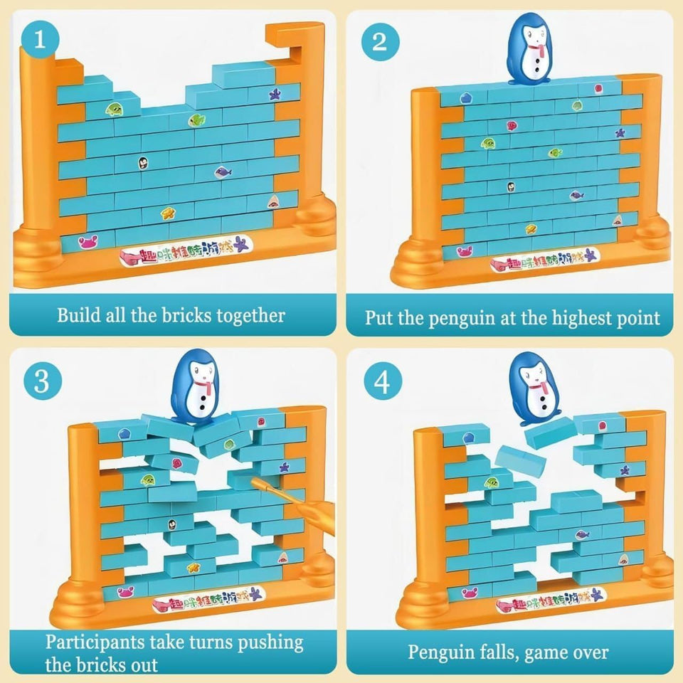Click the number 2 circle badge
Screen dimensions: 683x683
coord(379,41)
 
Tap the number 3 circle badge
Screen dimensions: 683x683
coord(42,382)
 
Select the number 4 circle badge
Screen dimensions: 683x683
coord(382,382)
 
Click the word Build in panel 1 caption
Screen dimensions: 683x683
coord(78,316)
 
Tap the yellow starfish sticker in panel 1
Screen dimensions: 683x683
coord(168,213)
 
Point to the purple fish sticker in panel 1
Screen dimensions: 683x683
coord(223,171)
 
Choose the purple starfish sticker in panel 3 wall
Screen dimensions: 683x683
coord(284,467)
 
